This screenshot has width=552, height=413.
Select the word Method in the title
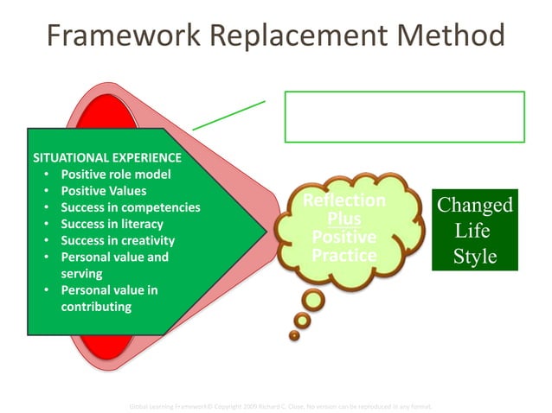coord(450,35)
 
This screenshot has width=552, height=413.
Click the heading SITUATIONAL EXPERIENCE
coord(106,158)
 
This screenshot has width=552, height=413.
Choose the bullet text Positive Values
coord(104,191)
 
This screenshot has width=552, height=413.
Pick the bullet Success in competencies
coord(130,207)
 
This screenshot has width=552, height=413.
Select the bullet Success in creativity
coord(118,240)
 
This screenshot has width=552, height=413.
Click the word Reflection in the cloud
coord(344,201)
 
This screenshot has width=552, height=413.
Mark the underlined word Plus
coord(344,219)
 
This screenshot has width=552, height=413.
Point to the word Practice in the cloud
coord(344,256)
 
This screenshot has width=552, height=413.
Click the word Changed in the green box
coord(474,206)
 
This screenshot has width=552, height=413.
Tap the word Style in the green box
coord(474,257)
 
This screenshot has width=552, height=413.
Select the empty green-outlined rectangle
coord(404,117)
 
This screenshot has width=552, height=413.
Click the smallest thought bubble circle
coord(298,334)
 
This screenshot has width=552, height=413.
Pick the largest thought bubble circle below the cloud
coord(312,299)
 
